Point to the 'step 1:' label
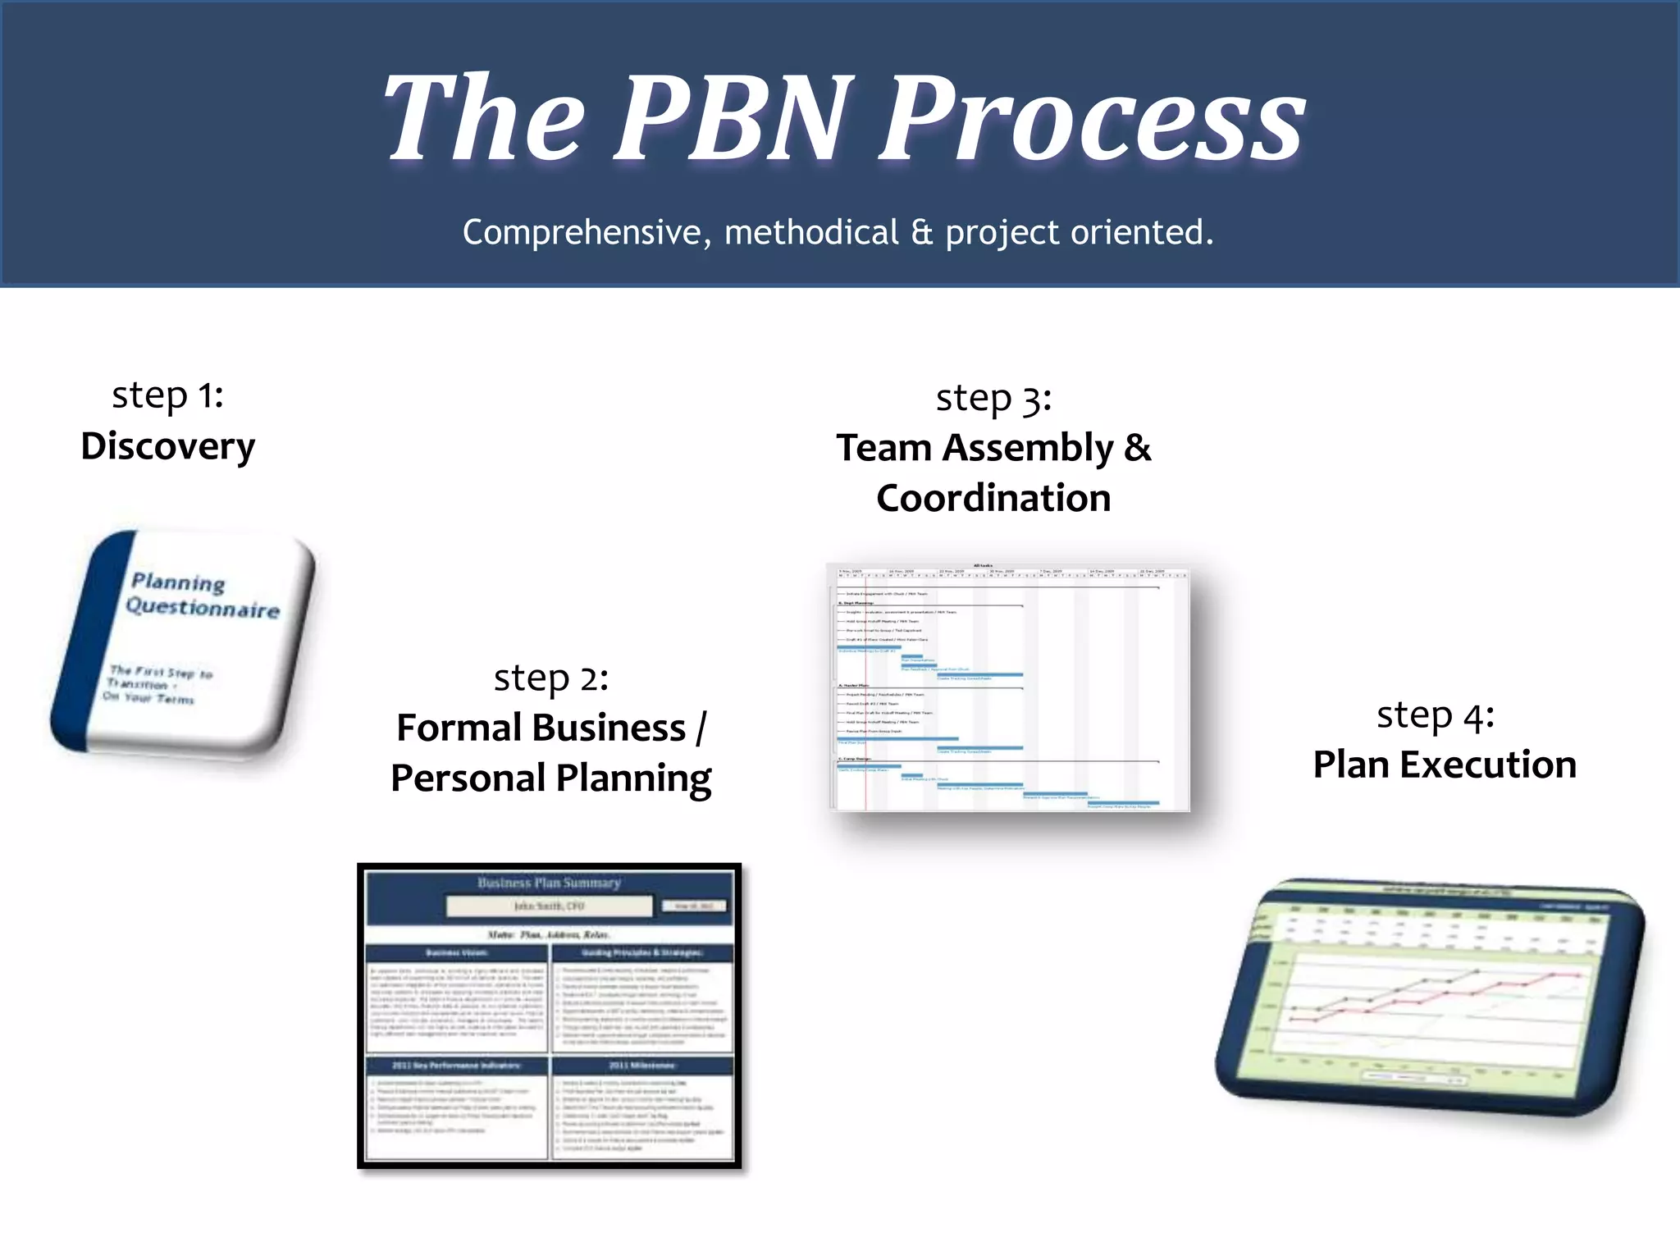pos(167,396)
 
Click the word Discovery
pos(167,447)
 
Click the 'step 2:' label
pos(550,678)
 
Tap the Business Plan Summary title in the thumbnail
pos(549,883)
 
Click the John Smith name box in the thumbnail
pos(549,906)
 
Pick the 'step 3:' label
pos(993,399)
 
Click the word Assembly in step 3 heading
pos(1028,449)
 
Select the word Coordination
pos(993,499)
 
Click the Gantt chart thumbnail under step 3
pos(1009,687)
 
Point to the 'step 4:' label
pos(1435,715)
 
